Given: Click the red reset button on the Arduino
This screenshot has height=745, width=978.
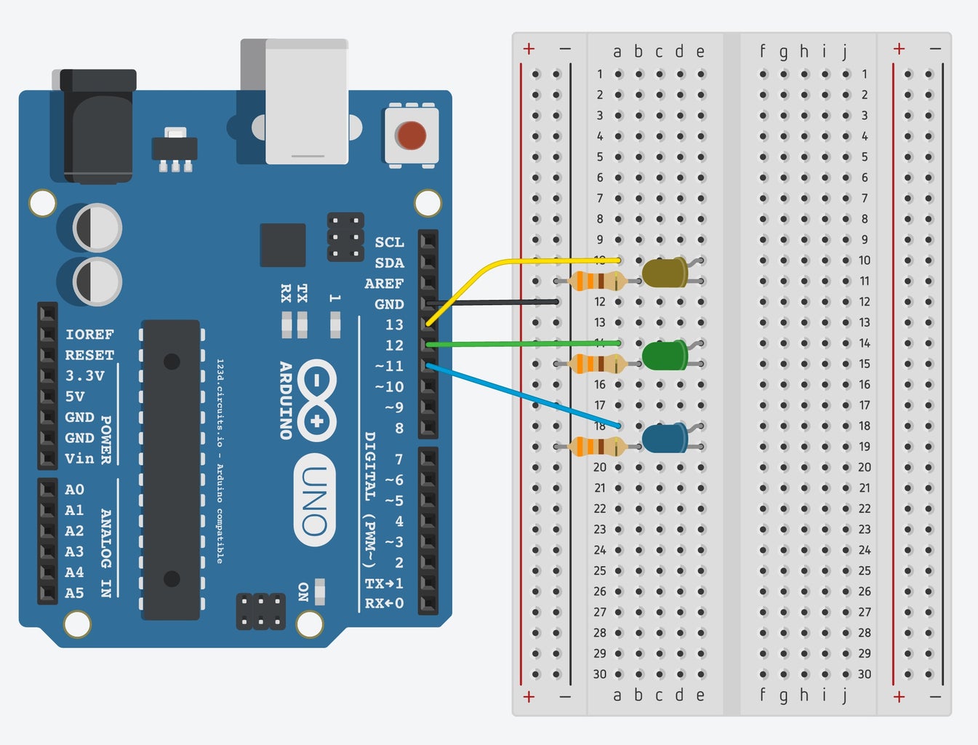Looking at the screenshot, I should tap(411, 135).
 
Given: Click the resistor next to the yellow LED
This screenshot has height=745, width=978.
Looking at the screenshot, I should tap(597, 281).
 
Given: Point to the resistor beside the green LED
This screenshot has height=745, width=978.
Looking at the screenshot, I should tap(597, 364).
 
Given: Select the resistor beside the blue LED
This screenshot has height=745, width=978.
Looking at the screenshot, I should tap(597, 446).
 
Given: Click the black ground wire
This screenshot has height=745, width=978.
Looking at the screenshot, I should tap(494, 302).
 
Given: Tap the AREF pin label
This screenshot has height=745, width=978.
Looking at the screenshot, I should tap(384, 284).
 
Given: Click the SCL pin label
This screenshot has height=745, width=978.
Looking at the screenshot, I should tap(389, 242).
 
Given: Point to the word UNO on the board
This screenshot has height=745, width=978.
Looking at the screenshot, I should tap(315, 501).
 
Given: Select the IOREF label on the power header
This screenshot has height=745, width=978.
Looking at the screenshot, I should tap(89, 335).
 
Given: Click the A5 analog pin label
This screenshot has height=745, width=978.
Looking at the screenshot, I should tap(74, 593).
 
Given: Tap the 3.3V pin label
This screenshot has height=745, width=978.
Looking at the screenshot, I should tap(84, 376).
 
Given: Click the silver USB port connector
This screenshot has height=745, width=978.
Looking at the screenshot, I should tap(306, 102).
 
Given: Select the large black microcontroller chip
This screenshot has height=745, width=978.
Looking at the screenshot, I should tap(171, 469).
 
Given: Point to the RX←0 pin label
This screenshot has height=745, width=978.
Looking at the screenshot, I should tap(384, 603).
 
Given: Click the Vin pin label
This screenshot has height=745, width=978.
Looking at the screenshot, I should tap(79, 458).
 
